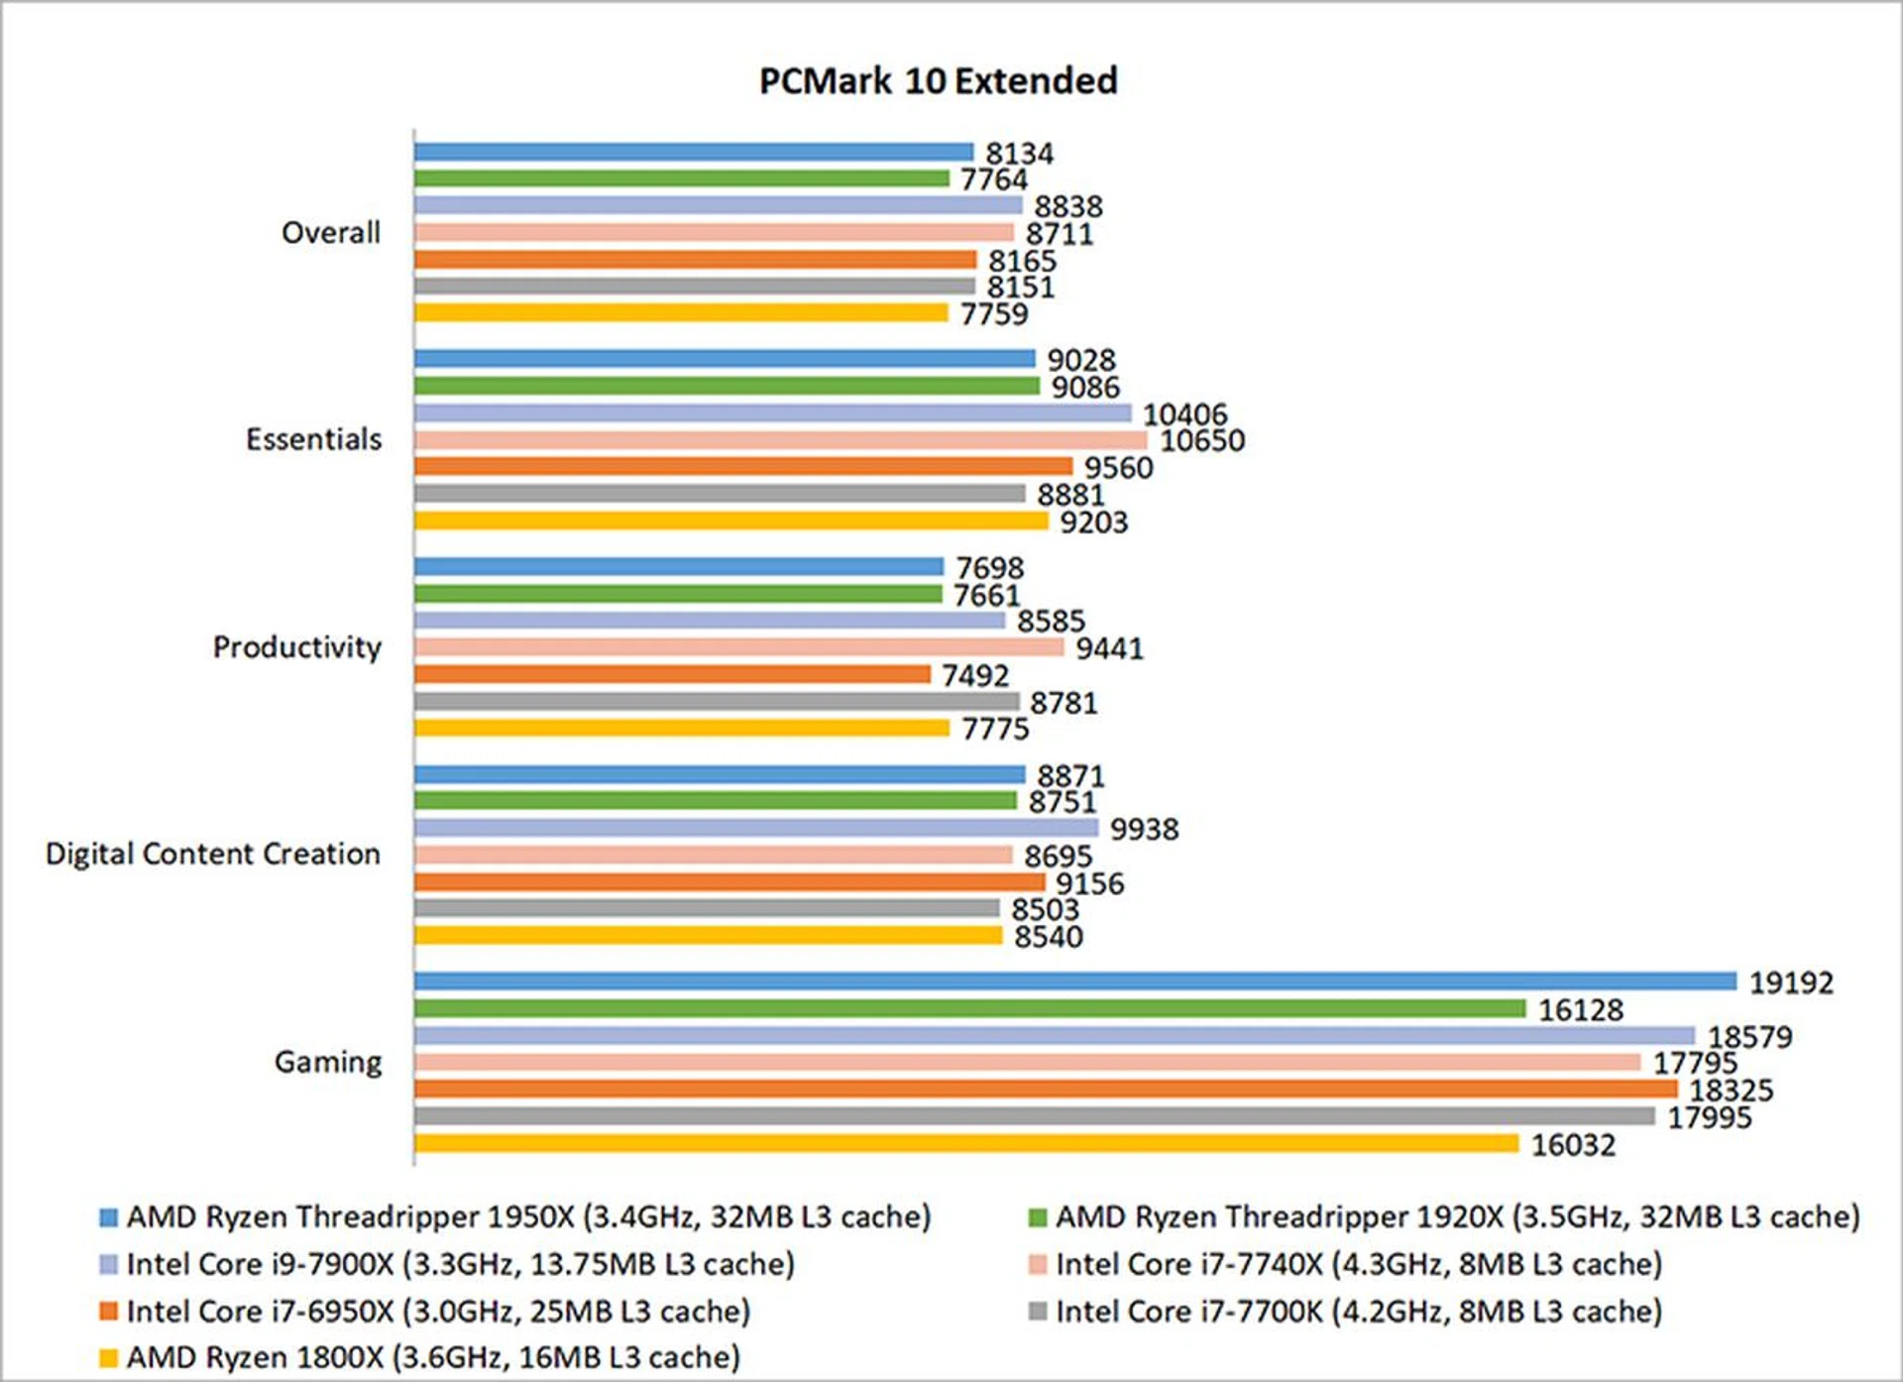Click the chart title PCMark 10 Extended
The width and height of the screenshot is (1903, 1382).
(938, 80)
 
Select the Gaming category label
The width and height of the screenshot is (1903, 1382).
(328, 1062)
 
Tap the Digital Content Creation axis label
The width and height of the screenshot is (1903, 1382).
(213, 854)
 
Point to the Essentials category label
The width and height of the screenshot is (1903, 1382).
(313, 439)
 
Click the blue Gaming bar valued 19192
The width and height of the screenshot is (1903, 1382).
(1075, 981)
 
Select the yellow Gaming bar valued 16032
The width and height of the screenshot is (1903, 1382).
(966, 1144)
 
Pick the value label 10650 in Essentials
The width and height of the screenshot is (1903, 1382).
(1202, 440)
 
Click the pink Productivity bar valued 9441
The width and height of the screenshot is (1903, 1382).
(739, 647)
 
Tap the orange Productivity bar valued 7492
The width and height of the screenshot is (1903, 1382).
(672, 675)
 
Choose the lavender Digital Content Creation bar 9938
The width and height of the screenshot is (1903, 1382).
(756, 828)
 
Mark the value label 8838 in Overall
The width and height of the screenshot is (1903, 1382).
(1068, 206)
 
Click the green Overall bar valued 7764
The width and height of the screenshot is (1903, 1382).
(682, 178)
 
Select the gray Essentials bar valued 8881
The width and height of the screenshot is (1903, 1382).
(720, 494)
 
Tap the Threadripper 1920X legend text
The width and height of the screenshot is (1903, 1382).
(1457, 1216)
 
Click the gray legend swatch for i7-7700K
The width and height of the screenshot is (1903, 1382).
(1038, 1312)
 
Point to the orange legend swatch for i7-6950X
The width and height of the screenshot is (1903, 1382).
(109, 1312)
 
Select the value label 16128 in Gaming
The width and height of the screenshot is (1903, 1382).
(1581, 1010)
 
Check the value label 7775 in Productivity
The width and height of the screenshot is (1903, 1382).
(995, 729)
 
